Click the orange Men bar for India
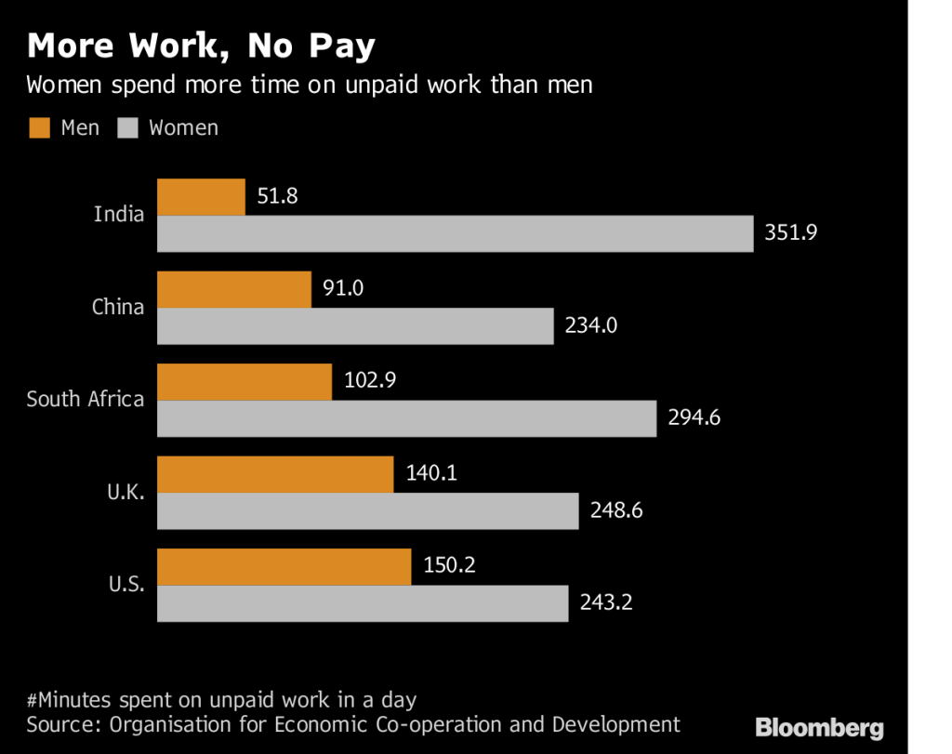201,197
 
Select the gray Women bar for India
455,233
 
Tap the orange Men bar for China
234,289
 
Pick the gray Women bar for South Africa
406,418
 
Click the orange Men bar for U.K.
275,474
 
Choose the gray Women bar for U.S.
363,603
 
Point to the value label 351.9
791,233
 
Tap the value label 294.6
694,418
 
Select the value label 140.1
431,474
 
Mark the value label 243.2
606,603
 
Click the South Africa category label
86,400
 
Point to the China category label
118,307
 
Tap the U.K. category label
126,493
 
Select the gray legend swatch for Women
127,128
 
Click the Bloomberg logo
819,728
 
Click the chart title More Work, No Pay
201,46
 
